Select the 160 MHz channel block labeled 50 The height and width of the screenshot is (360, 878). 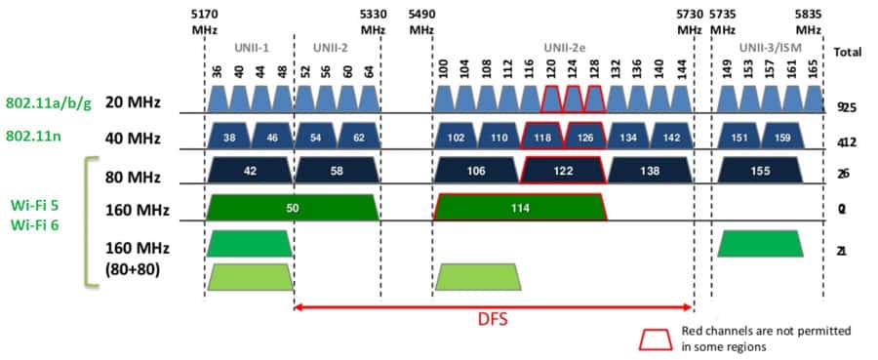(293, 207)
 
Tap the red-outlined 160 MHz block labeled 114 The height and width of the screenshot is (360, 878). (520, 207)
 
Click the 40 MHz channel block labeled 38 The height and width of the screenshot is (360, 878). (230, 137)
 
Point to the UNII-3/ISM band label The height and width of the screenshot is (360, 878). (767, 46)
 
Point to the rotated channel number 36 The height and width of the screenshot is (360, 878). (217, 74)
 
